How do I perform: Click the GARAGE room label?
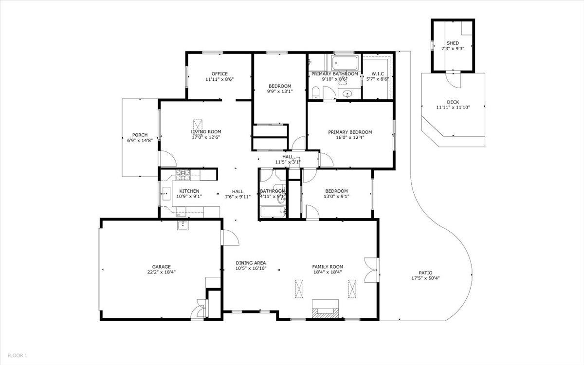[x=161, y=267]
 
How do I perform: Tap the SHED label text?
[x=453, y=43]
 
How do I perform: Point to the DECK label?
[x=453, y=102]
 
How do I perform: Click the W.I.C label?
[x=377, y=73]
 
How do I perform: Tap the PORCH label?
[x=140, y=135]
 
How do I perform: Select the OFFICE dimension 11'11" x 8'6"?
[x=219, y=79]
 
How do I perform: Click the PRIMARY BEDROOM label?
[x=350, y=132]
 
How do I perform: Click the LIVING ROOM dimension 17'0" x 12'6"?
[x=205, y=137]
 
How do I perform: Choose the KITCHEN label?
[x=189, y=191]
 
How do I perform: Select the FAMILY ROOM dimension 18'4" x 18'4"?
[x=328, y=272]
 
